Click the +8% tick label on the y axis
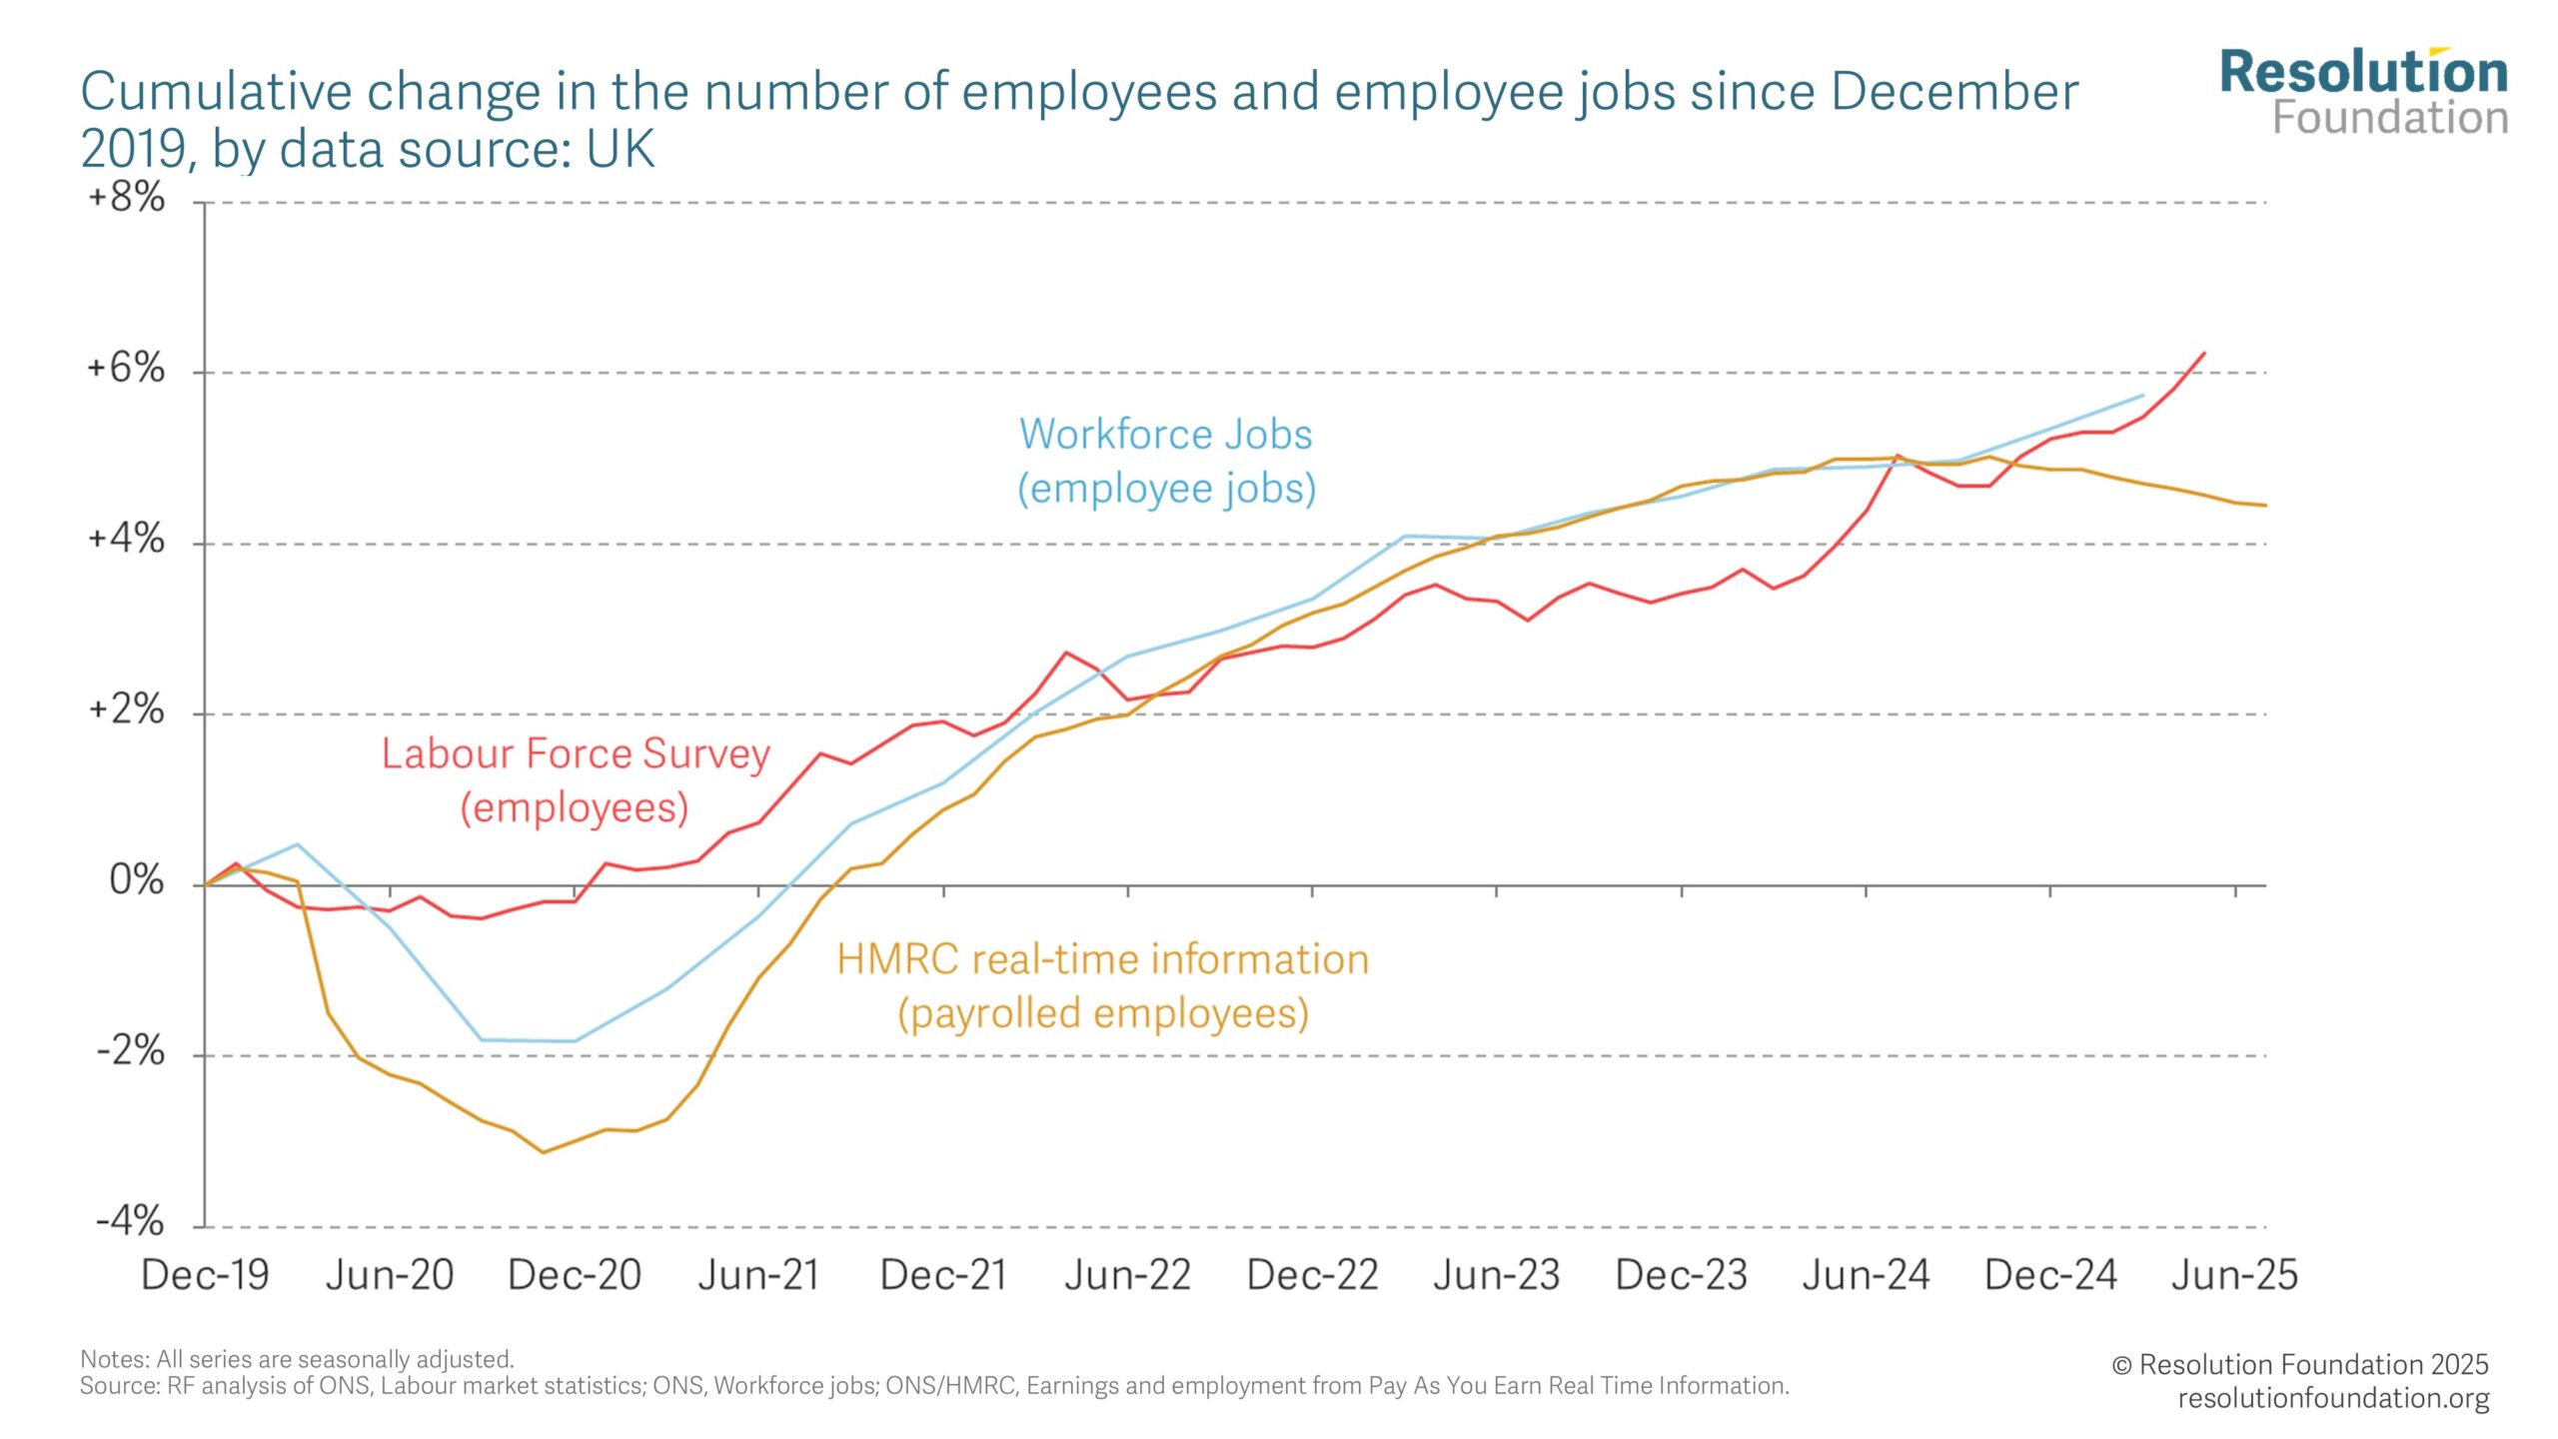tap(127, 197)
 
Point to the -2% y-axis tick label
tap(130, 1050)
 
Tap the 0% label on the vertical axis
tap(136, 880)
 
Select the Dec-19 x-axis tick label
tap(205, 1275)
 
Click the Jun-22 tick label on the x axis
tap(1127, 1275)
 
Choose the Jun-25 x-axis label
tap(2234, 1275)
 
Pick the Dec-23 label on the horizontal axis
tap(1681, 1275)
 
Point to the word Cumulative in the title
tap(215, 92)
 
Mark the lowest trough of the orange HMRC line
tap(544, 1152)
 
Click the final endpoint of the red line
tap(2204, 353)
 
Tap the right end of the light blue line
tap(2142, 396)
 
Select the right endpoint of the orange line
tap(2265, 506)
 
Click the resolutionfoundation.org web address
tap(2333, 1398)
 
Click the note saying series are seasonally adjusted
tap(297, 1359)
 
